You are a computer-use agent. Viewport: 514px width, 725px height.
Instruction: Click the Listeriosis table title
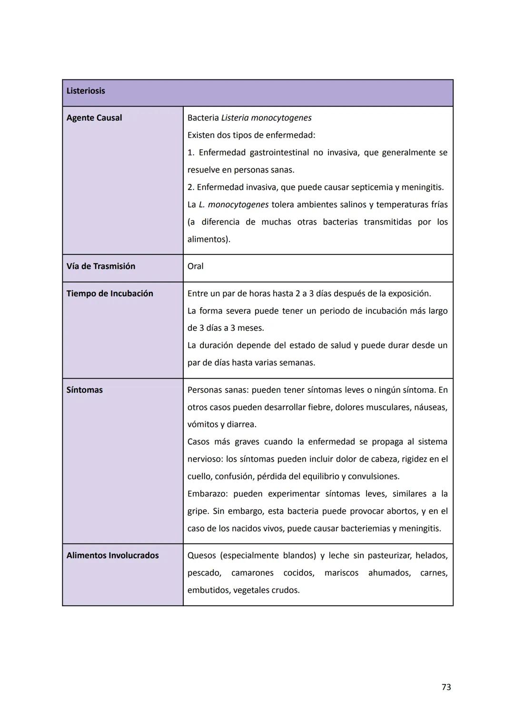pos(86,91)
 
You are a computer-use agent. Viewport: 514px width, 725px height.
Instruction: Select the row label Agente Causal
pos(94,118)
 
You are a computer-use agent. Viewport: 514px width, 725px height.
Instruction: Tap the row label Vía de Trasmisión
pos(101,266)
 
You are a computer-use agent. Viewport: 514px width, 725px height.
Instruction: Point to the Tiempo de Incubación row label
pos(110,293)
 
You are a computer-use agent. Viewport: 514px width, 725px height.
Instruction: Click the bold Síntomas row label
pos(85,390)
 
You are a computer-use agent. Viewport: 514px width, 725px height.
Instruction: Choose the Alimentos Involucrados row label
pos(113,555)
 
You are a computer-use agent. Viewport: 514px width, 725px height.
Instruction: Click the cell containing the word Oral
pos(196,266)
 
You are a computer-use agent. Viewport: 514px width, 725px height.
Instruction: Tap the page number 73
pos(446,687)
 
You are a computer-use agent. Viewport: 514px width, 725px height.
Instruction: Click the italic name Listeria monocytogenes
pos(267,118)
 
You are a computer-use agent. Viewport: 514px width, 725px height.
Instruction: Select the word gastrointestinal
pos(279,153)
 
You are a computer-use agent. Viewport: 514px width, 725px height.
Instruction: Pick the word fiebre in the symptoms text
pos(320,407)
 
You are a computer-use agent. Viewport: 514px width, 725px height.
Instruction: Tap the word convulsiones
pos(373,476)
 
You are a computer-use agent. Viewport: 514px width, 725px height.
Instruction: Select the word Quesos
pos(201,555)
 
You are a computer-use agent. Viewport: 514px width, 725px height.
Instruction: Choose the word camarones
pos(252,573)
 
